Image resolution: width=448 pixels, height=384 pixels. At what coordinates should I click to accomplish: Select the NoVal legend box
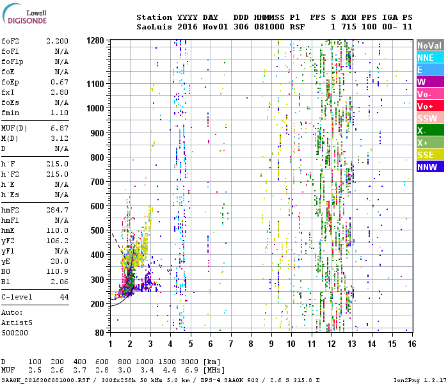coord(429,45)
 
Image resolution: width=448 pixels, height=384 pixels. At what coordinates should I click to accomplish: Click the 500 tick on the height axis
coord(98,230)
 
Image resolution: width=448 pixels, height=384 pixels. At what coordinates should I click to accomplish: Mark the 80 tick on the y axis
coord(100,333)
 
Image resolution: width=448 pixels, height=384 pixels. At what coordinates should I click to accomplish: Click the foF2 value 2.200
coord(57,41)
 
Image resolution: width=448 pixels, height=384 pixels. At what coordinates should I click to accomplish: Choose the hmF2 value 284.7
coord(57,210)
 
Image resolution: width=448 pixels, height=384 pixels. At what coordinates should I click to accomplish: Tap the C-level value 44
coord(64,298)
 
